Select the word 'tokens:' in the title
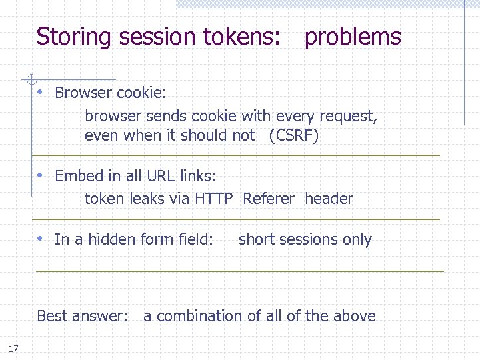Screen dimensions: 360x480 coord(246,37)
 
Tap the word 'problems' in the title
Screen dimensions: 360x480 coord(353,37)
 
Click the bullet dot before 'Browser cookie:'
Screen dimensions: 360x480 coord(41,92)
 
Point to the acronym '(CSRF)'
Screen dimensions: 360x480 coord(294,136)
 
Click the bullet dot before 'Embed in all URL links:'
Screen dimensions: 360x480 coord(41,176)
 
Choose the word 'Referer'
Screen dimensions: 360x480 coord(269,199)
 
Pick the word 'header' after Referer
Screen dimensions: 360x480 coord(329,199)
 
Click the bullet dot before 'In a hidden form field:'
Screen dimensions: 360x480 coord(41,239)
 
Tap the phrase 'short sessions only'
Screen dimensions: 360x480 coord(305,240)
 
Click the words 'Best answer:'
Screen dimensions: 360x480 coord(82,316)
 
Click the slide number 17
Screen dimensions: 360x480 coord(14,348)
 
